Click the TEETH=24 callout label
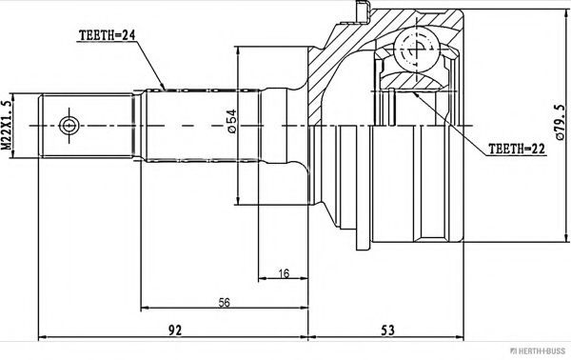[107, 35]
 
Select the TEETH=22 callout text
[517, 149]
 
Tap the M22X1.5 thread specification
[7, 126]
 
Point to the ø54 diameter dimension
[231, 121]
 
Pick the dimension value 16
[284, 273]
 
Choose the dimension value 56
[224, 302]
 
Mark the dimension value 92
[175, 330]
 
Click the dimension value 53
[387, 330]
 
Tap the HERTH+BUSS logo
[539, 350]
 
